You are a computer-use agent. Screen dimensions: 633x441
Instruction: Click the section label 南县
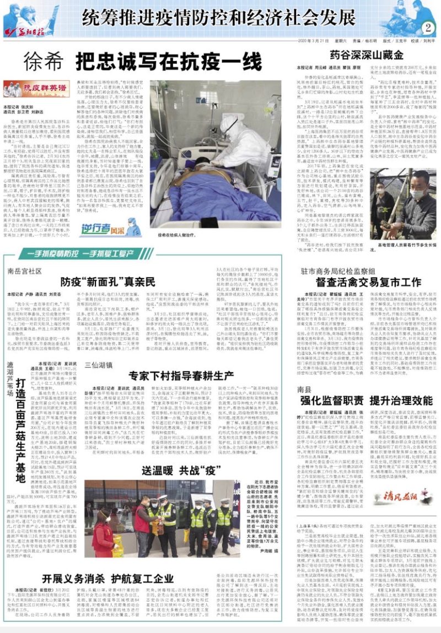(304, 388)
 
